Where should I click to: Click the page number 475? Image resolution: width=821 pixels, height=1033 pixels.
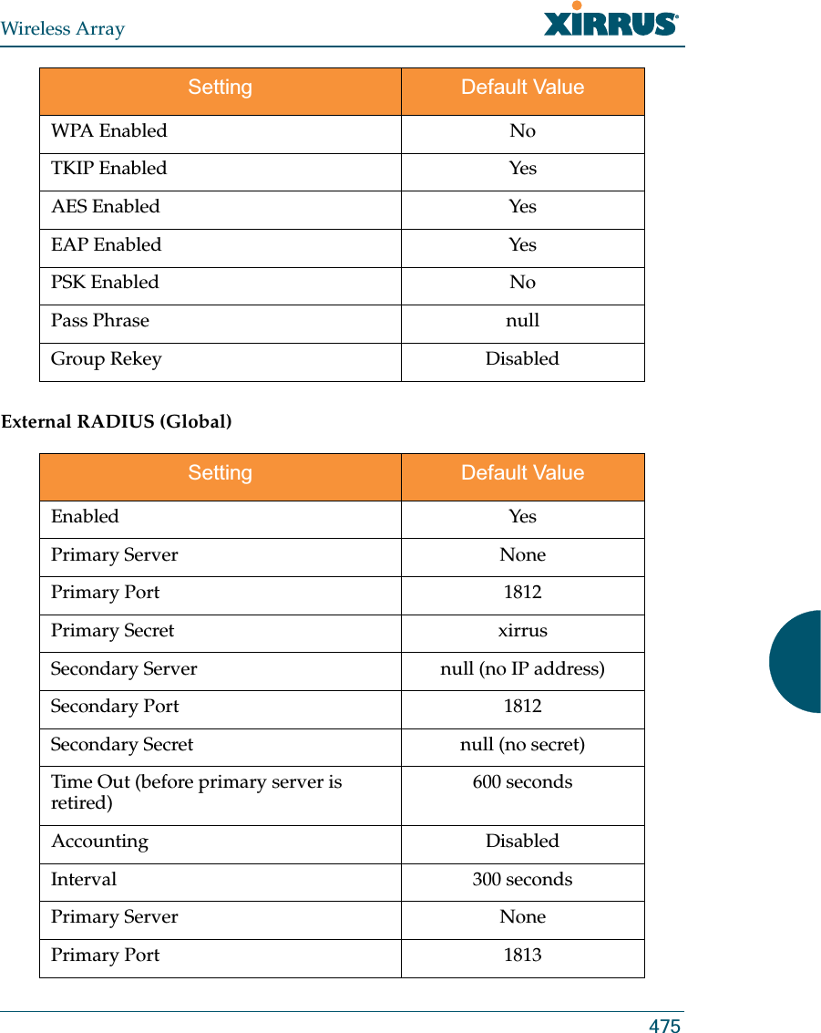664,1026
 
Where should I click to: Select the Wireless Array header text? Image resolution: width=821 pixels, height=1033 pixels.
63,29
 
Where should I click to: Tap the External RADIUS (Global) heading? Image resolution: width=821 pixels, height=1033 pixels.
117,422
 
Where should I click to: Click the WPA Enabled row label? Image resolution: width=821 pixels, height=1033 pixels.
109,131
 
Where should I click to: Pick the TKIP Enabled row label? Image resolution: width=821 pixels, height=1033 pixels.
109,169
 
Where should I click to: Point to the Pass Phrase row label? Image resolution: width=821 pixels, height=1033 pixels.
100,321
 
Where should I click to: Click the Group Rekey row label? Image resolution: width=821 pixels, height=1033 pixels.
107,359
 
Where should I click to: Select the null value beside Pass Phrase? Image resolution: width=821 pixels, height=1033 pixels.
522,321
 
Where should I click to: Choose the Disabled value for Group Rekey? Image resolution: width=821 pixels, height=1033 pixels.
522,359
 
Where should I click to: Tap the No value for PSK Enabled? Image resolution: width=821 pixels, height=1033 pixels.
522,283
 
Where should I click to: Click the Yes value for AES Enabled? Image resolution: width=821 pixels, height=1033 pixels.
522,207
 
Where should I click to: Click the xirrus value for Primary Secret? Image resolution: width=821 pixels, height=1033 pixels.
522,631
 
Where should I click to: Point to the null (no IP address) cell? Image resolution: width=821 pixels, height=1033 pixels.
522,669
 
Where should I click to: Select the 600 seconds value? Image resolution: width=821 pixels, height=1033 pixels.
522,782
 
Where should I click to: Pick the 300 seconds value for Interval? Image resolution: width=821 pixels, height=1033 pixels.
522,880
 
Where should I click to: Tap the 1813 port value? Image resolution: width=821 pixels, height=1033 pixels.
522,956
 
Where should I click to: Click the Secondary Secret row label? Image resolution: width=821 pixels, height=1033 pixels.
122,745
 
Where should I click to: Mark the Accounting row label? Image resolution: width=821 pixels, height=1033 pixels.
100,842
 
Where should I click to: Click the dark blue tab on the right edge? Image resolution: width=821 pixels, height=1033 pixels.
796,661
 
